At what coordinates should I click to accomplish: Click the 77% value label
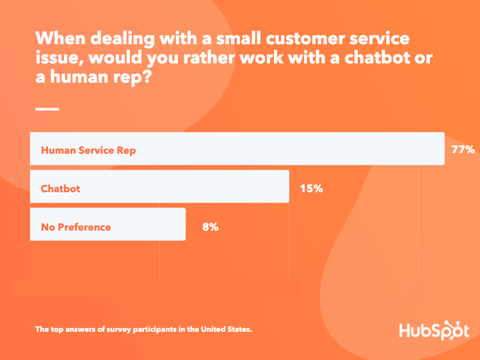point(463,150)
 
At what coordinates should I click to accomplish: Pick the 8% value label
point(210,226)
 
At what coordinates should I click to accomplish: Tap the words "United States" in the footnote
point(227,329)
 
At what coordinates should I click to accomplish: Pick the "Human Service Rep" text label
point(88,151)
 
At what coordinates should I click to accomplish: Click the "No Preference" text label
point(76,227)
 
